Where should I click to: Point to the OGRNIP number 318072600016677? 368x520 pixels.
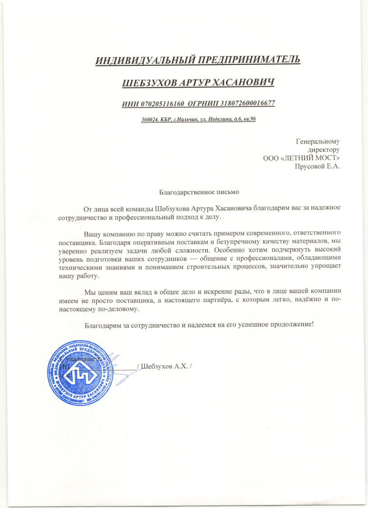point(247,103)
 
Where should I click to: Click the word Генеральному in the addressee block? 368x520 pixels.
point(317,141)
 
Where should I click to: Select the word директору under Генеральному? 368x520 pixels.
point(323,149)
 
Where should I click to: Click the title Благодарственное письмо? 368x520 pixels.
point(199,191)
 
